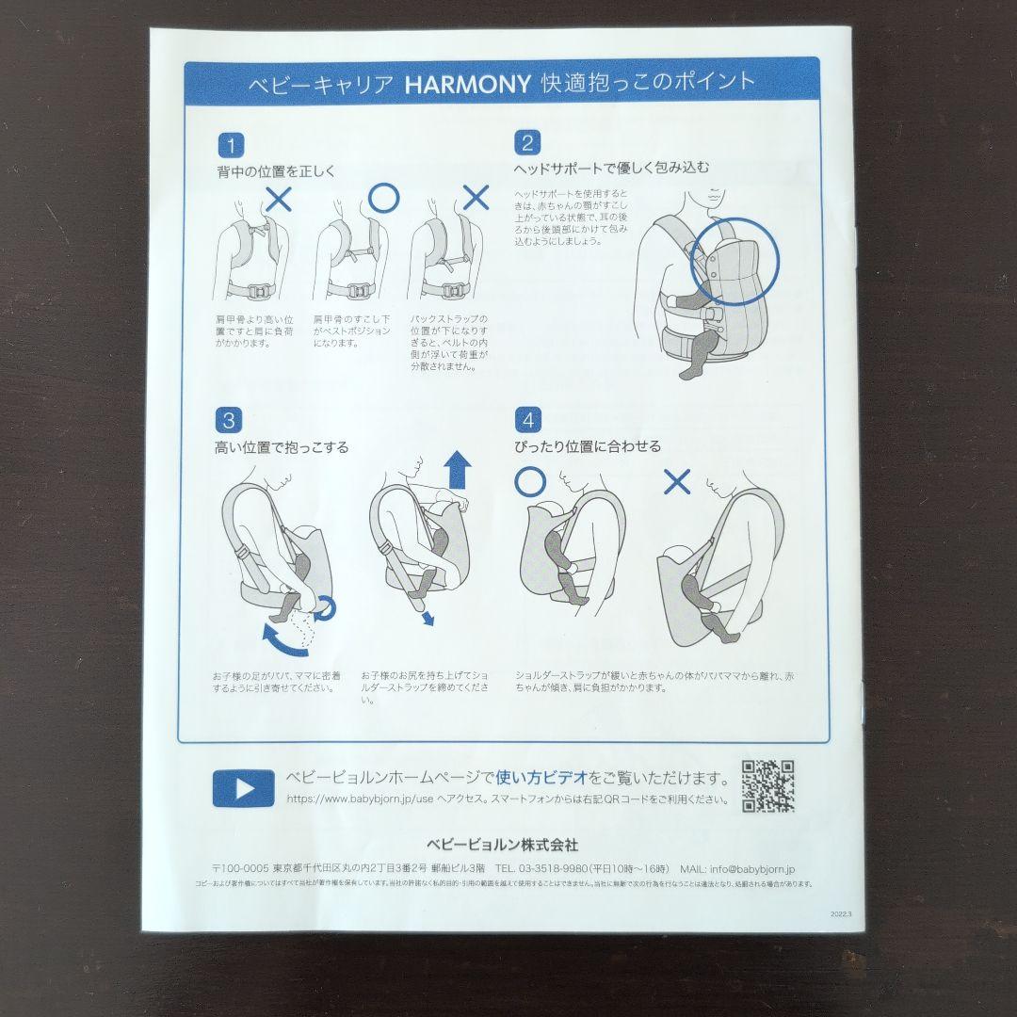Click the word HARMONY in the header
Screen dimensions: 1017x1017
point(467,83)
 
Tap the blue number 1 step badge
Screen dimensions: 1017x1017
point(231,145)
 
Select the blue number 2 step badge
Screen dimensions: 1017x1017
point(527,143)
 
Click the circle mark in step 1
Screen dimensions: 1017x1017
point(383,197)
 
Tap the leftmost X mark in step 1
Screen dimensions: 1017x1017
point(280,198)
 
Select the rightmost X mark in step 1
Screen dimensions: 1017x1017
point(476,197)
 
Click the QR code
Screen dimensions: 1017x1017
point(767,786)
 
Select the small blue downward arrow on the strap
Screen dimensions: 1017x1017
point(428,618)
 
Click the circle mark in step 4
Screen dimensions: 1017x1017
point(530,481)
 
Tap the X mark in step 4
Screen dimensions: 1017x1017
point(677,482)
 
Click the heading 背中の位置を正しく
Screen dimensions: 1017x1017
point(275,172)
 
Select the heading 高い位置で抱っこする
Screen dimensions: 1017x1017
point(282,447)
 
